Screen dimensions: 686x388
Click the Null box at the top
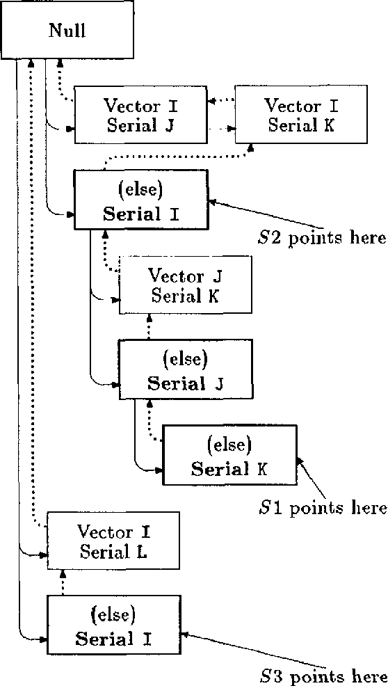click(x=67, y=31)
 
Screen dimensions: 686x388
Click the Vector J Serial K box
click(x=186, y=285)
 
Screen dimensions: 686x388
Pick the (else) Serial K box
click(x=229, y=455)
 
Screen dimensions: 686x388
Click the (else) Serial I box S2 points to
click(x=141, y=200)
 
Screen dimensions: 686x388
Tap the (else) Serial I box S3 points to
click(x=113, y=625)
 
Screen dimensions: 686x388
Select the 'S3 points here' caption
click(x=322, y=676)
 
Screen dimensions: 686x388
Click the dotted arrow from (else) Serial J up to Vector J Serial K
click(x=149, y=326)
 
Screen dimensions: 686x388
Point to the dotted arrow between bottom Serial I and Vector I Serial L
click(x=63, y=582)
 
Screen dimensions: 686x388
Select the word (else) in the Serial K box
click(x=229, y=443)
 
